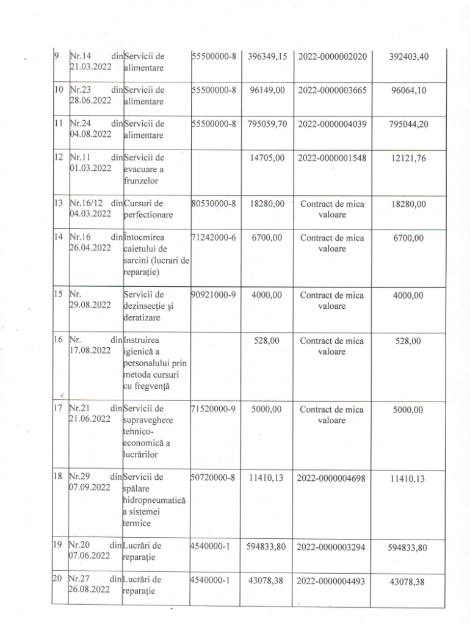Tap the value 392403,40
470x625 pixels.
(x=409, y=57)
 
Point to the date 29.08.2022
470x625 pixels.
(x=90, y=305)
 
